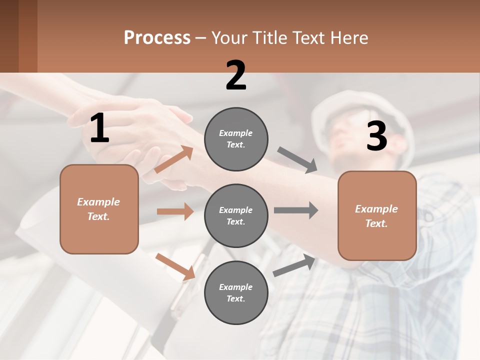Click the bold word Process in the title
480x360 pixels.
click(x=157, y=37)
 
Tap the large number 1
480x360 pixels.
click(x=99, y=128)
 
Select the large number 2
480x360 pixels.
click(x=236, y=75)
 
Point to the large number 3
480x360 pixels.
click(x=376, y=136)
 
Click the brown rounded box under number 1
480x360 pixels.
click(x=99, y=209)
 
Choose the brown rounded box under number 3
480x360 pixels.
click(x=377, y=216)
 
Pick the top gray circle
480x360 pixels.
click(x=236, y=139)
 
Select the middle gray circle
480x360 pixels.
click(x=236, y=215)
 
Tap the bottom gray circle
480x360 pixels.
click(x=236, y=292)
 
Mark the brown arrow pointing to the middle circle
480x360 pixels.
click(x=175, y=211)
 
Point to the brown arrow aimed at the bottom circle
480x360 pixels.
click(x=175, y=266)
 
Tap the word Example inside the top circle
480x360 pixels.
click(x=235, y=133)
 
